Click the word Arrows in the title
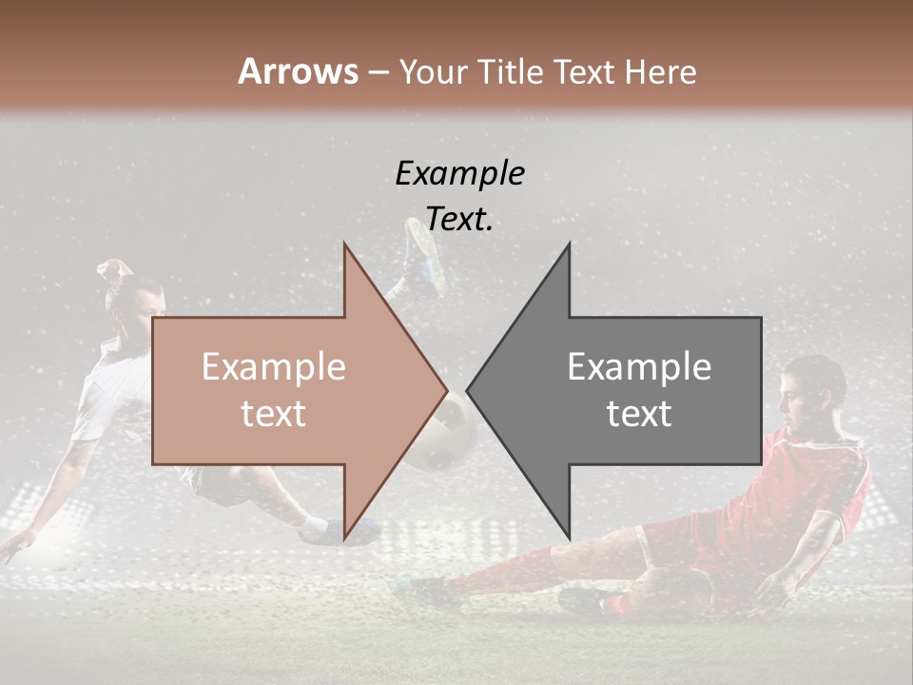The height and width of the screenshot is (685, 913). tap(298, 71)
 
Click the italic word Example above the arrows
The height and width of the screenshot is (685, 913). tap(459, 173)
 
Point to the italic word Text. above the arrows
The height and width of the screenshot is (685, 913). tap(459, 219)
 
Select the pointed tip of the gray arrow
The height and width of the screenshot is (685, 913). tap(469, 390)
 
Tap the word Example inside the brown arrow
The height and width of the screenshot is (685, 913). tap(273, 367)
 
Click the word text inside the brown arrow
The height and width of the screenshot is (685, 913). tap(273, 414)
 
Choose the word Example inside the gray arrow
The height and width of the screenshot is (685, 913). tap(639, 367)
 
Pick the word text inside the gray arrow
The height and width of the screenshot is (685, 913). tap(639, 414)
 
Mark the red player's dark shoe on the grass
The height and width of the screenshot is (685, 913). tap(580, 600)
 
